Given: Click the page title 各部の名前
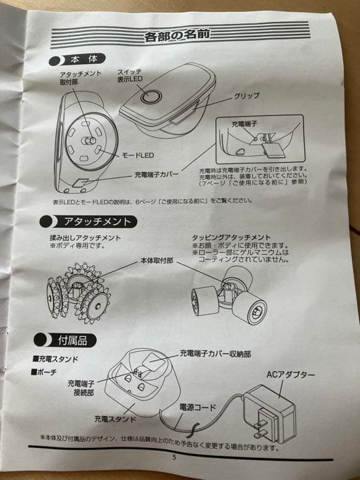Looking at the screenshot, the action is point(177,35).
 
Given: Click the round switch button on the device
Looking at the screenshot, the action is point(151,97).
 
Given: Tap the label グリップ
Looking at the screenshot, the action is point(247,96).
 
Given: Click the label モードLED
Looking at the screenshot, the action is point(138,155).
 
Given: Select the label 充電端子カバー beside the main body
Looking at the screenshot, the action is point(157,175).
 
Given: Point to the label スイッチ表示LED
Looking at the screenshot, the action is point(130,75).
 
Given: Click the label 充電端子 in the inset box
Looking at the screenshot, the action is point(244,124).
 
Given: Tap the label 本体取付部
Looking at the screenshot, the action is point(157,261).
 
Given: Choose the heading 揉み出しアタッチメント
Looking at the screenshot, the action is point(85,238).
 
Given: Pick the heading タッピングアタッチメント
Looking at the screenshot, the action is point(231,237).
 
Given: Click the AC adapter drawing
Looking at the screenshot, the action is point(269,413).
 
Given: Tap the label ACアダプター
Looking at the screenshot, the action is point(290,374).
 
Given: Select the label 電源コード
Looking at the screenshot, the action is point(197,407).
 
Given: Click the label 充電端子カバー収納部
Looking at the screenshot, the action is point(215,354).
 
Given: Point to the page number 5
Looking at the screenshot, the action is point(174,457).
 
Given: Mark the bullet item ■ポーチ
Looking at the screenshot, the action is point(44,372).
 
